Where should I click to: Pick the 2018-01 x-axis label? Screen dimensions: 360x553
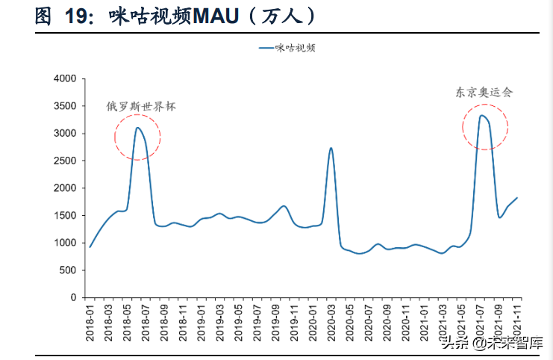(90, 320)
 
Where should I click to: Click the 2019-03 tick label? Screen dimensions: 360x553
(219, 320)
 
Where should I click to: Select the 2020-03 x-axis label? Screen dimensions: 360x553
(331, 320)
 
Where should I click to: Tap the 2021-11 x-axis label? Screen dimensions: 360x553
(516, 320)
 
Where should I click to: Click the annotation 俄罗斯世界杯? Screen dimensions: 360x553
(141, 107)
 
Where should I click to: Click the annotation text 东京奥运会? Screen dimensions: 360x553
(484, 93)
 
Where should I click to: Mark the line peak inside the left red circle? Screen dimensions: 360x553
(138, 128)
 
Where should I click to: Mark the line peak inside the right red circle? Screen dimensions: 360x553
(482, 115)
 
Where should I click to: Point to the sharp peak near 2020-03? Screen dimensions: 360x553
(331, 148)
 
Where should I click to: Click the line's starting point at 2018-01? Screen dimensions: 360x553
(90, 246)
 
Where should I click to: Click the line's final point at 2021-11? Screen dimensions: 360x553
(516, 198)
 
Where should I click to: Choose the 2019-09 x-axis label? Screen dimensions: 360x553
(275, 320)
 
